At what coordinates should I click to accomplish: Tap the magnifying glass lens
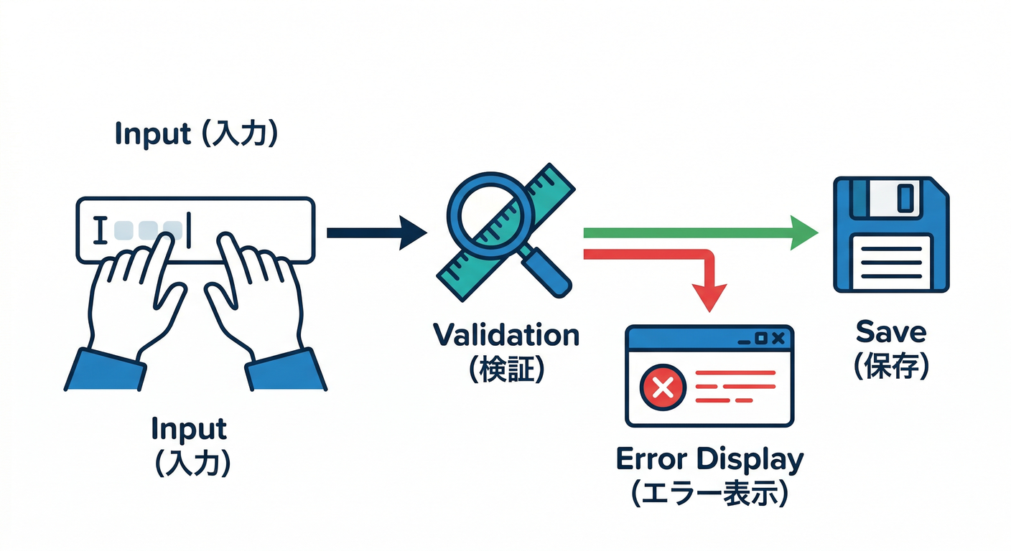[489, 207]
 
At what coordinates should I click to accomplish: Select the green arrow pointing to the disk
[700, 232]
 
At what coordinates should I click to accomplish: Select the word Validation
[506, 335]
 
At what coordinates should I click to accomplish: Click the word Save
[891, 331]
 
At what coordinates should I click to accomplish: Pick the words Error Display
[709, 460]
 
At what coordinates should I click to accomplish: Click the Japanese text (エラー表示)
[709, 494]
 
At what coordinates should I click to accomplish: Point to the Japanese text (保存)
[891, 365]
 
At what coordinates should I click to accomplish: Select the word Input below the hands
[189, 429]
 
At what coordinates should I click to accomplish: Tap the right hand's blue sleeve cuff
[284, 369]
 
